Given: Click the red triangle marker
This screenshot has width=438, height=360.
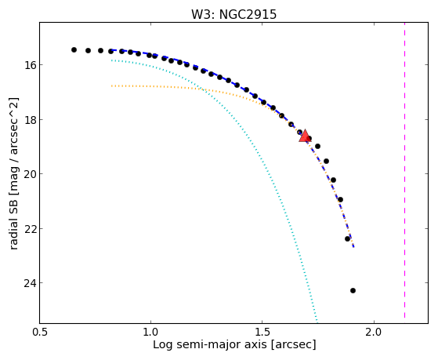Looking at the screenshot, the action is pyautogui.click(x=305, y=136).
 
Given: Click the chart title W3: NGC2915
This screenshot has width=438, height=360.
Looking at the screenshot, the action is pyautogui.click(x=233, y=14).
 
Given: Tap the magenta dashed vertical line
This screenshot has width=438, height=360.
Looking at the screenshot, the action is pyautogui.click(x=404, y=170).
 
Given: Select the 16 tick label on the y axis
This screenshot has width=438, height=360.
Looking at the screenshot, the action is pyautogui.click(x=29, y=65).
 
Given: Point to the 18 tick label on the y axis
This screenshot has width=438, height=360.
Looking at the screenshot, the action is pyautogui.click(x=29, y=120).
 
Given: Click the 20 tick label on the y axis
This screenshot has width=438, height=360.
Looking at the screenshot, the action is pyautogui.click(x=29, y=174).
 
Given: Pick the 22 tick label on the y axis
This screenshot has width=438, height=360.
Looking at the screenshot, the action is pyautogui.click(x=29, y=229).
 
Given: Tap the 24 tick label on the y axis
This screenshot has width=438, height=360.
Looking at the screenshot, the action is pyautogui.click(x=29, y=283).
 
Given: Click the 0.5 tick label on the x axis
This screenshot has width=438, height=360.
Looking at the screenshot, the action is pyautogui.click(x=40, y=332).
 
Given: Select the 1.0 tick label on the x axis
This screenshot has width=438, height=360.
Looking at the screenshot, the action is pyautogui.click(x=151, y=332).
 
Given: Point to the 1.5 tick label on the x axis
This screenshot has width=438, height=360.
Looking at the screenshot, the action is pyautogui.click(x=262, y=332).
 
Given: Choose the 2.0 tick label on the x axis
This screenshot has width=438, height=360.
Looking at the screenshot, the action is pyautogui.click(x=374, y=332).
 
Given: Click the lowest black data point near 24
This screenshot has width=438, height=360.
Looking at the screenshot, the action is pyautogui.click(x=353, y=291).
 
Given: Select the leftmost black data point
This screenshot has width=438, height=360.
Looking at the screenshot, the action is pyautogui.click(x=74, y=49).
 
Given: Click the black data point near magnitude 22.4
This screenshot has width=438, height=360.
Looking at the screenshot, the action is pyautogui.click(x=347, y=238).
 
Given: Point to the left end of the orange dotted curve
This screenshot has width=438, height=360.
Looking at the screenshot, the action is pyautogui.click(x=111, y=85).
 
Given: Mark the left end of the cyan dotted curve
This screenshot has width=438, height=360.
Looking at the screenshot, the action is pyautogui.click(x=111, y=60).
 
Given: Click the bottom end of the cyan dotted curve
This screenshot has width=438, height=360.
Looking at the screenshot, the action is pyautogui.click(x=317, y=321).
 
